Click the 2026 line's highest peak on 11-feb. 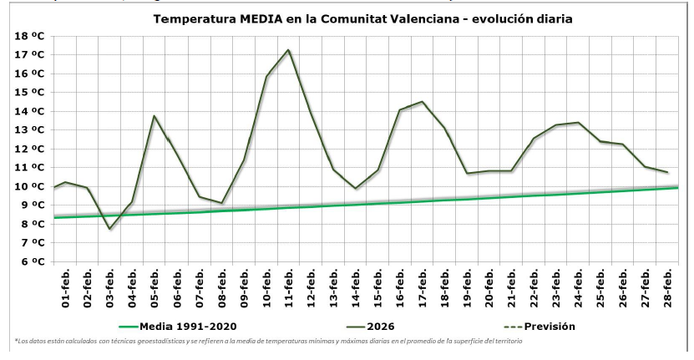288,50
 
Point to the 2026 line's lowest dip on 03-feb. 109,229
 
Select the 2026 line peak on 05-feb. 155,116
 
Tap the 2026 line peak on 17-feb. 423,102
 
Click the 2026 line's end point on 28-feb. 667,172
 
